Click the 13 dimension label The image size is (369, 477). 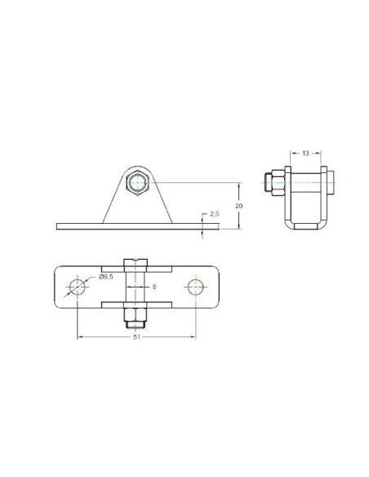305,153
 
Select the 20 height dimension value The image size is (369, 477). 239,206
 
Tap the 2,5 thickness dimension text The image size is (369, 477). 215,214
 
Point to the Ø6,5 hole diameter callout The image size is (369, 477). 106,277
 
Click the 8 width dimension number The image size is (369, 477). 154,287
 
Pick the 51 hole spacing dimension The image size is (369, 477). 137,337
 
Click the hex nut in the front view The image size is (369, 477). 137,182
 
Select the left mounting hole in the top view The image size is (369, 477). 78,287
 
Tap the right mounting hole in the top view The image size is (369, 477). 195,287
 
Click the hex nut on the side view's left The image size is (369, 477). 278,182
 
